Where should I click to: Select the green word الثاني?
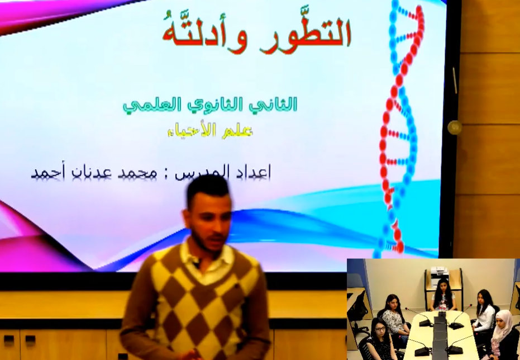pos(278,104)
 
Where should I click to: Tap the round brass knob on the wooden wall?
pos(454,127)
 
